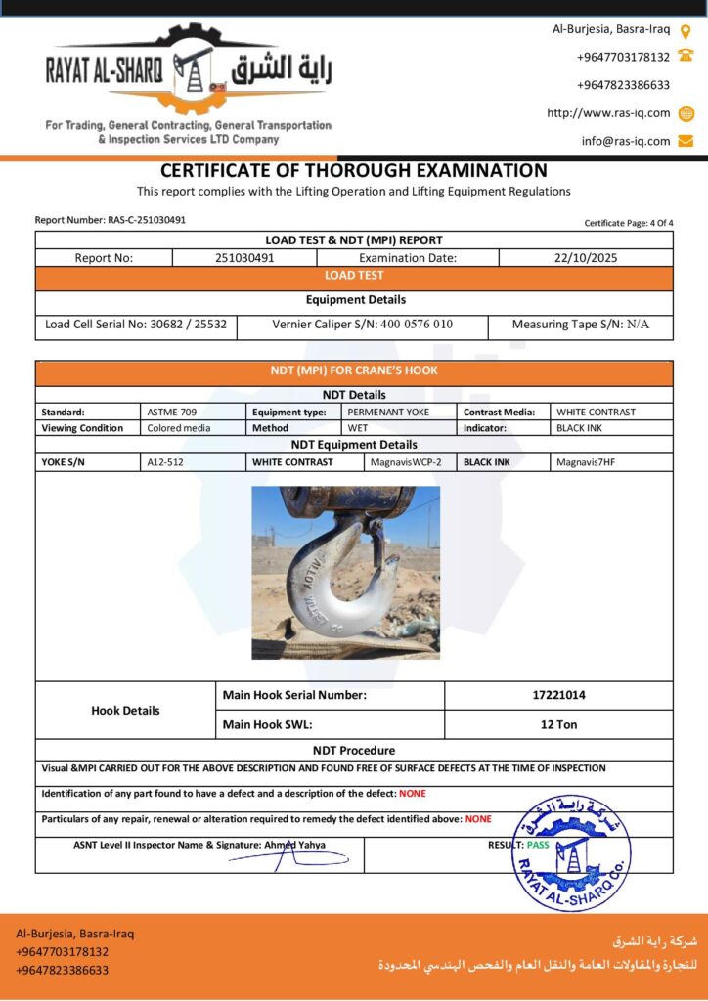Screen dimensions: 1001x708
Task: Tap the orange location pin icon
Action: pos(686,30)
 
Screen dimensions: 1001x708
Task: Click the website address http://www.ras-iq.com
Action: pos(608,113)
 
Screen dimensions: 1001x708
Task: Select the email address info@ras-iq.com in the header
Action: pos(626,141)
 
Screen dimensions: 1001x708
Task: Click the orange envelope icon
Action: pos(686,141)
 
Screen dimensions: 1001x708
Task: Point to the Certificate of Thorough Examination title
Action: pos(353,171)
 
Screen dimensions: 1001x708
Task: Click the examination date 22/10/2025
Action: pos(585,258)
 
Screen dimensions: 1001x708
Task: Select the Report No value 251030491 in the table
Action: pos(244,258)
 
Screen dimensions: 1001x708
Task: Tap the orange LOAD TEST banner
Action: pos(354,277)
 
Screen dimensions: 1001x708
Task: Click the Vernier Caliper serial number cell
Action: pos(362,325)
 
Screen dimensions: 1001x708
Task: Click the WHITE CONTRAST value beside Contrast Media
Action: pos(596,413)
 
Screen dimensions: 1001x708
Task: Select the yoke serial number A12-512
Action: pos(164,462)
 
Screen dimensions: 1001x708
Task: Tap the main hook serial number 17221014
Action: pos(558,696)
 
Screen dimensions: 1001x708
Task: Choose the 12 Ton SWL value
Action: pos(558,724)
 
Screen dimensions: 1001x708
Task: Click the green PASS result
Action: pos(538,845)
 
